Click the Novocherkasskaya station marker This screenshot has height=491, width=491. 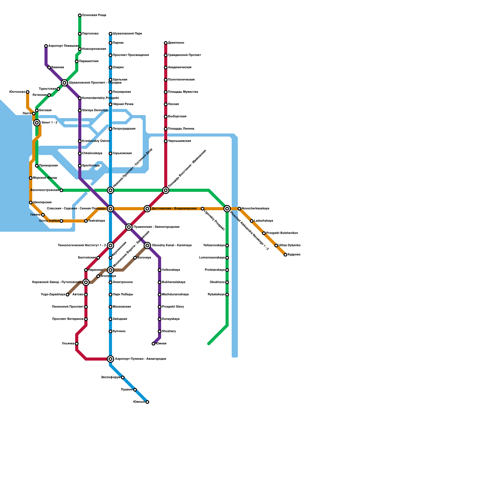point(239,209)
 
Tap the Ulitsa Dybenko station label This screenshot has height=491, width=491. point(289,245)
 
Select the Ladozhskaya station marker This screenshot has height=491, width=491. point(252,221)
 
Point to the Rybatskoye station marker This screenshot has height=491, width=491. point(227,295)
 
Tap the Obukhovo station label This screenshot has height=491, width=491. point(217,282)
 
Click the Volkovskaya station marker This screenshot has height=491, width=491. point(160,270)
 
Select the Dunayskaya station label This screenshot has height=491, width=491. point(171,319)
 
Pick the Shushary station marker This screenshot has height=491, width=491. point(160,331)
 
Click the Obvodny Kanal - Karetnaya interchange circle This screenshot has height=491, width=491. point(147,245)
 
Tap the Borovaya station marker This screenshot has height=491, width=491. point(135,258)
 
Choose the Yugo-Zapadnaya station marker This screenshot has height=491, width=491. point(68,295)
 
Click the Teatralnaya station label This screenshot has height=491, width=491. point(96,221)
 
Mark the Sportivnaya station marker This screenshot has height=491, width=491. point(80,166)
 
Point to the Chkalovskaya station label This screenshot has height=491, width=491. point(92,153)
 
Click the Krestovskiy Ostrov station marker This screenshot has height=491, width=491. point(80,141)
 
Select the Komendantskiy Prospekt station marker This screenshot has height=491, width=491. point(80,98)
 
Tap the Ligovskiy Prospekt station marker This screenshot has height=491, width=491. point(203,209)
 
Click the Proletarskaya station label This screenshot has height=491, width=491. point(215,270)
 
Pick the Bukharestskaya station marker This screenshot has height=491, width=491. point(160,282)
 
